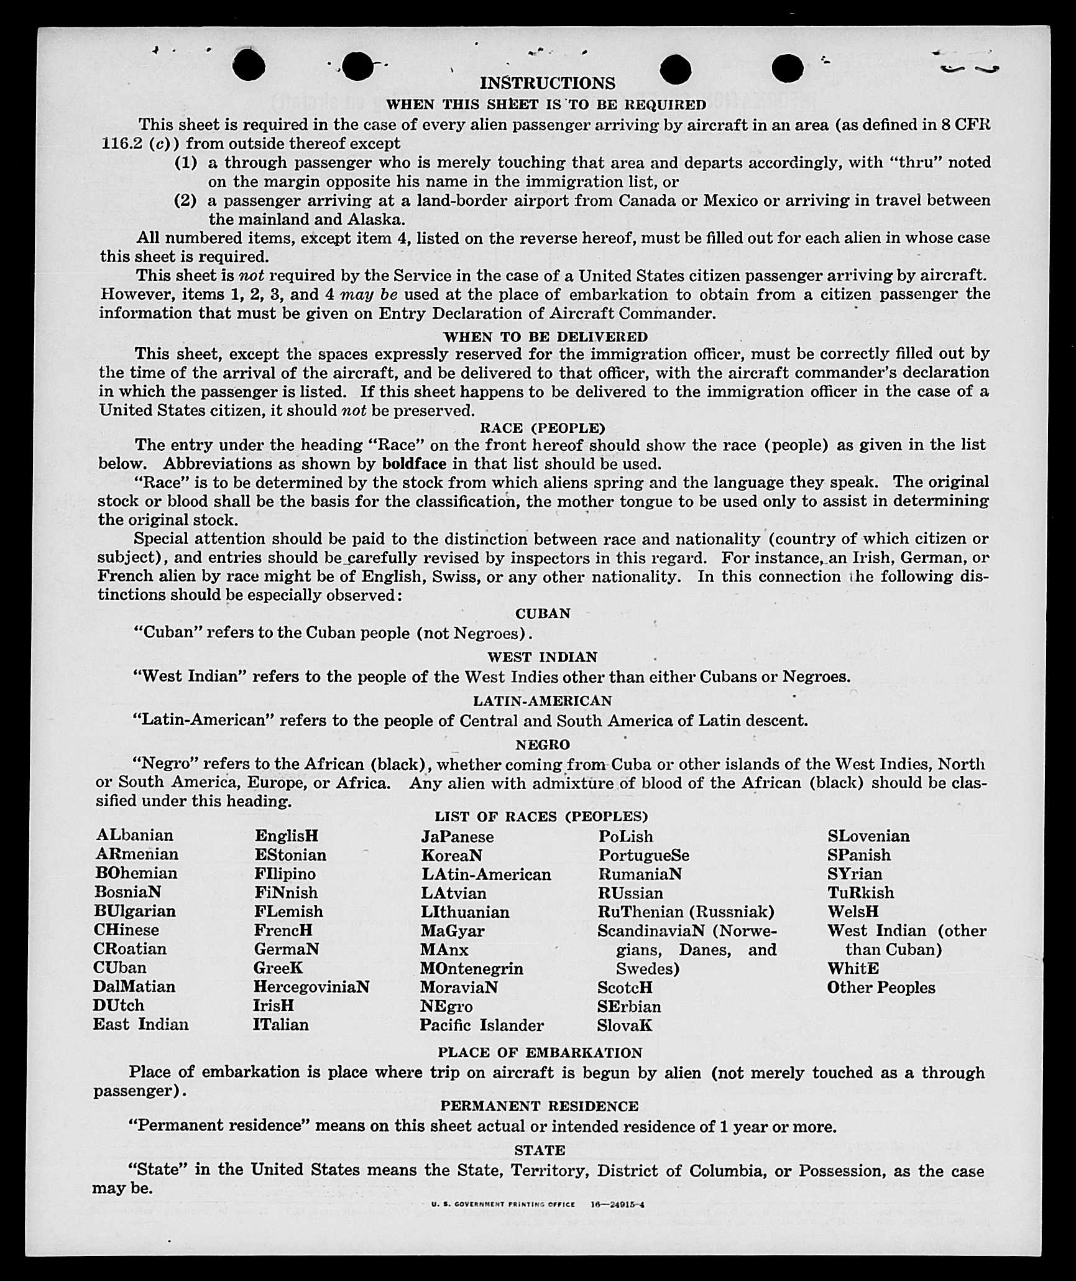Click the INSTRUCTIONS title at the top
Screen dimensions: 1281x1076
[548, 83]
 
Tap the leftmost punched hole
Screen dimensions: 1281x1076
[249, 65]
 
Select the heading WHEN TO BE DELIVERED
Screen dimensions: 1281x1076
[545, 336]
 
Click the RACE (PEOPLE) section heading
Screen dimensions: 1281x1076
[542, 428]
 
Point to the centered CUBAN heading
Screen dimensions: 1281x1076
[543, 614]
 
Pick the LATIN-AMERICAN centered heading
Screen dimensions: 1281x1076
[543, 701]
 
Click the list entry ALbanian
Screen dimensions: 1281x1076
[134, 835]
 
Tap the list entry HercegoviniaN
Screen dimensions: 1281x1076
[311, 987]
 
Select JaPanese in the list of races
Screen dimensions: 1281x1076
[457, 837]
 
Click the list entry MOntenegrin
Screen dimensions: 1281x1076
[471, 969]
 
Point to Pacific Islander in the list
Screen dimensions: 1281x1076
[481, 1025]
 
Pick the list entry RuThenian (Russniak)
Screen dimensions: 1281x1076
[686, 912]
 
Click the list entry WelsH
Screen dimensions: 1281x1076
[853, 912]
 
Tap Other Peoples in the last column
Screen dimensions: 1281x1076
[881, 987]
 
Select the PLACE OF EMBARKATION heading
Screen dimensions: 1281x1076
[540, 1053]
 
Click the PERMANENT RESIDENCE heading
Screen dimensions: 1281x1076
[539, 1106]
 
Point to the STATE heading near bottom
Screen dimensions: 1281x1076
[540, 1150]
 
